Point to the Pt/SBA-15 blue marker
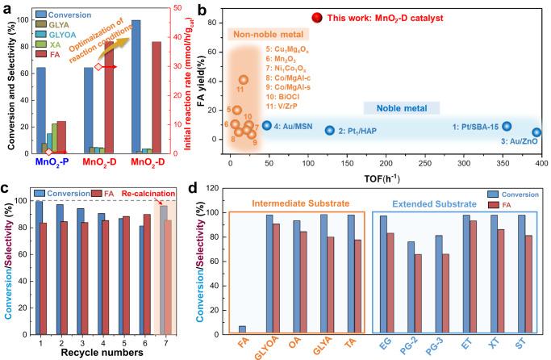coord(507,126)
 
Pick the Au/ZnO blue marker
coord(536,132)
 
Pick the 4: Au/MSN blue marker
coord(267,125)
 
